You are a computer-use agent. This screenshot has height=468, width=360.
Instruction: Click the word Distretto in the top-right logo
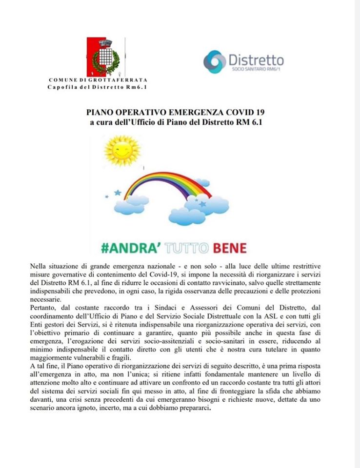click(256, 59)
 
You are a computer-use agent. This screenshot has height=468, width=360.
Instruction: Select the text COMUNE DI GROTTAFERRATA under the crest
click(98, 79)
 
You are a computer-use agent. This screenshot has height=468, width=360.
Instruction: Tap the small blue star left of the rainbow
click(118, 193)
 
